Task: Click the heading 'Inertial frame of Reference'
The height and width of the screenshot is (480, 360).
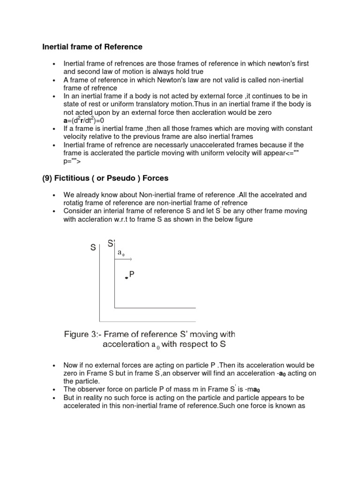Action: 92,47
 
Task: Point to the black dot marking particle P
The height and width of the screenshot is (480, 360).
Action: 126,278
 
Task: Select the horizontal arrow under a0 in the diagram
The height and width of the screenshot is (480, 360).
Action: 124,259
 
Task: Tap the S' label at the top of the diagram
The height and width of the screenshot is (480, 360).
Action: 112,243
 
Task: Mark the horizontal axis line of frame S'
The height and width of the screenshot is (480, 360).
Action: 155,308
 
